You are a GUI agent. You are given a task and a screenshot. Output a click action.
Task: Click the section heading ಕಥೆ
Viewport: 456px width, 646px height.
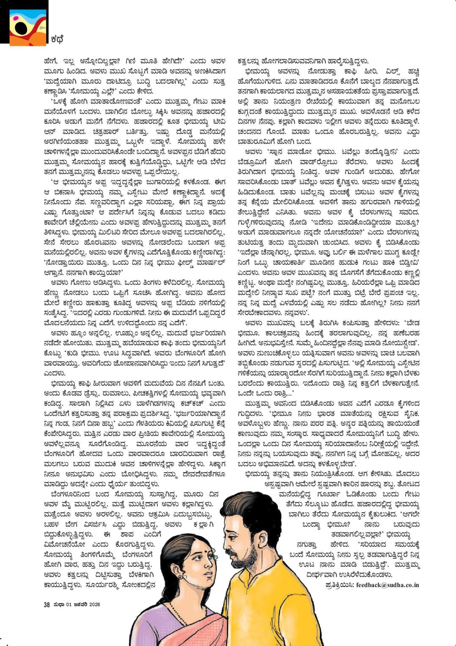(57, 39)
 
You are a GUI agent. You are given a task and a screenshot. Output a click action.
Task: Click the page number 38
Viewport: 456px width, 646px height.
(47, 604)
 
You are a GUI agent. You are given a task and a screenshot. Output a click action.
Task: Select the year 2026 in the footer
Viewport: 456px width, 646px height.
(94, 604)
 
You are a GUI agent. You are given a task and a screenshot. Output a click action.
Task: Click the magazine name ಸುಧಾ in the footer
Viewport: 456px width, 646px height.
(58, 604)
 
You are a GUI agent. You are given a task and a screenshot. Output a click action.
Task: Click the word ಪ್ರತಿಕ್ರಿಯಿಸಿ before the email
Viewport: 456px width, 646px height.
(340, 585)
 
